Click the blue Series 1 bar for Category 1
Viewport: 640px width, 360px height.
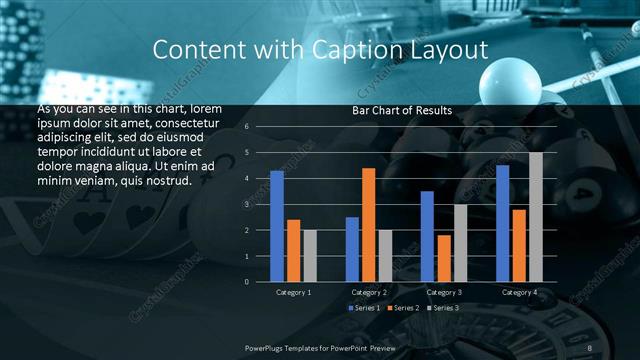pyautogui.click(x=277, y=226)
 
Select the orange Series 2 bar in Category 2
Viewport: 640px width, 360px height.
pyautogui.click(x=368, y=225)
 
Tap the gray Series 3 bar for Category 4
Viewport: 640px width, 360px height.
pyautogui.click(x=536, y=217)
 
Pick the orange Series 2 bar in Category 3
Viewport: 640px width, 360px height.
pyautogui.click(x=443, y=258)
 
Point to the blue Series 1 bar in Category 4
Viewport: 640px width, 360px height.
pyautogui.click(x=502, y=223)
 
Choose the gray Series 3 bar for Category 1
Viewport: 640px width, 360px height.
pyautogui.click(x=310, y=256)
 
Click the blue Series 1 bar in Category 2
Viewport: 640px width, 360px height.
pyautogui.click(x=352, y=249)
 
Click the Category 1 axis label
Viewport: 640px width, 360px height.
pyautogui.click(x=294, y=292)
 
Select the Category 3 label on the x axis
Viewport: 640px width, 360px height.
pyautogui.click(x=444, y=292)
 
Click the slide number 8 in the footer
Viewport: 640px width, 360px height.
pyautogui.click(x=590, y=346)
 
